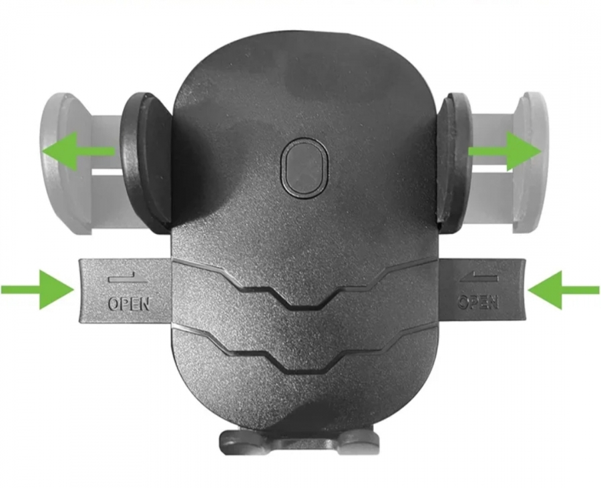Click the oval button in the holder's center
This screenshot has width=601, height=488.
(x=305, y=168)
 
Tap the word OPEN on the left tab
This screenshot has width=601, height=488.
(x=128, y=304)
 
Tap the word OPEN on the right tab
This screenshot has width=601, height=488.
(x=478, y=302)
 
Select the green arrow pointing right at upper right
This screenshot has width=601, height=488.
(x=505, y=151)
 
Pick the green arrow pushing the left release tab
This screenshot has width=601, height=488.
(x=37, y=289)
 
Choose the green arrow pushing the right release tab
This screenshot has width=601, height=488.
(x=564, y=290)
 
